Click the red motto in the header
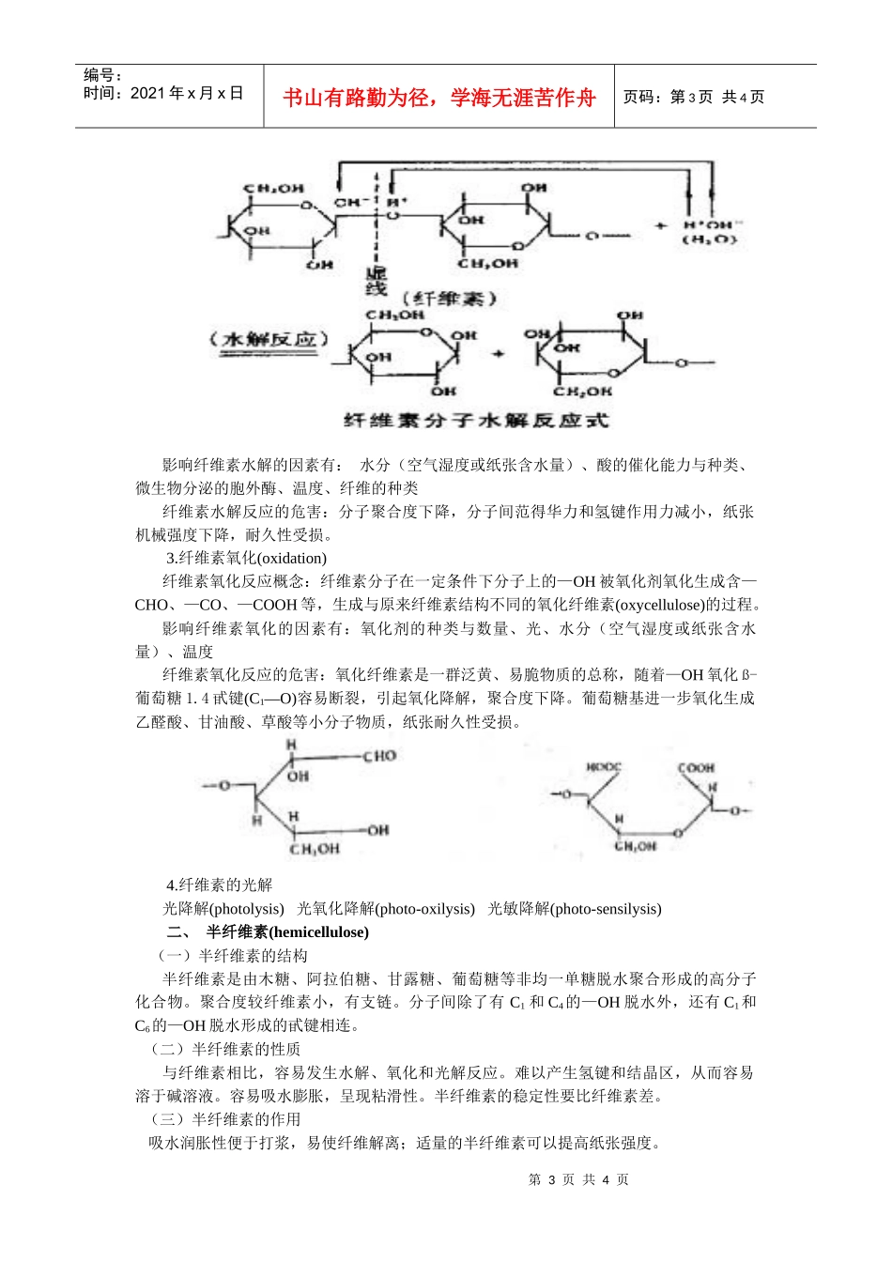pos(439,98)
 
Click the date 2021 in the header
pos(147,93)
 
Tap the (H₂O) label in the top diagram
pos(709,240)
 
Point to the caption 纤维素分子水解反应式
pos(476,420)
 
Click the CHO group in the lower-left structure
pos(379,756)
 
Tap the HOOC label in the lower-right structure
pos(604,767)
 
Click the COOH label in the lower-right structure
pos(696,767)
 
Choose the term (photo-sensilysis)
pos(606,909)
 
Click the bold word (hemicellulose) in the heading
pos(318,932)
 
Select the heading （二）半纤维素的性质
pos(225,1049)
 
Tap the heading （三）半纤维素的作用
pos(225,1119)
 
